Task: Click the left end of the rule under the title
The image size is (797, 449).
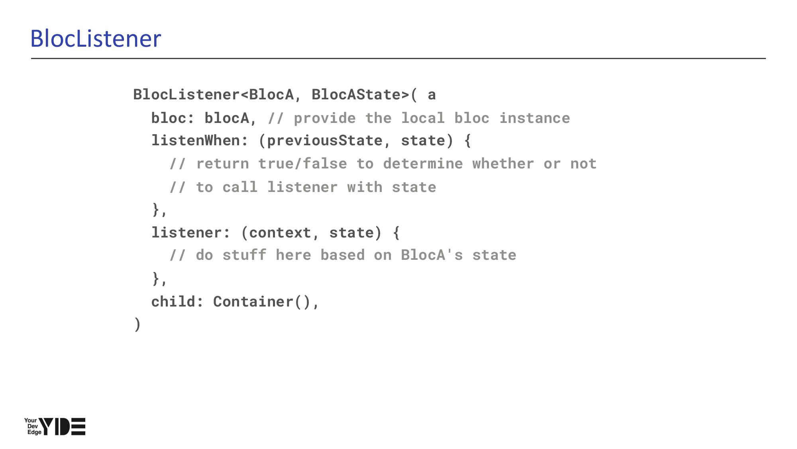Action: [x=31, y=58]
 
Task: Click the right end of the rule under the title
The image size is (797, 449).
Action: [x=766, y=58]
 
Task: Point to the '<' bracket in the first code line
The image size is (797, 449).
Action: [x=244, y=95]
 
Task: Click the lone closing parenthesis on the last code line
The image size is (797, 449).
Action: [x=137, y=324]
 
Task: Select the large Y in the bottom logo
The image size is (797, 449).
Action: [x=47, y=426]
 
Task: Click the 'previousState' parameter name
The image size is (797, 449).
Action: [x=324, y=141]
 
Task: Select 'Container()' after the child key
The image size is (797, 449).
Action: [x=261, y=302]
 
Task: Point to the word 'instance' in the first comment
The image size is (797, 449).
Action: [x=535, y=118]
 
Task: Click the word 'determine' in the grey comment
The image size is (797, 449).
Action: [x=423, y=164]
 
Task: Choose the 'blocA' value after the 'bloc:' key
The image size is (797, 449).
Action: [x=227, y=118]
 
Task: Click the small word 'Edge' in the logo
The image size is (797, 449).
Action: [x=34, y=432]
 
